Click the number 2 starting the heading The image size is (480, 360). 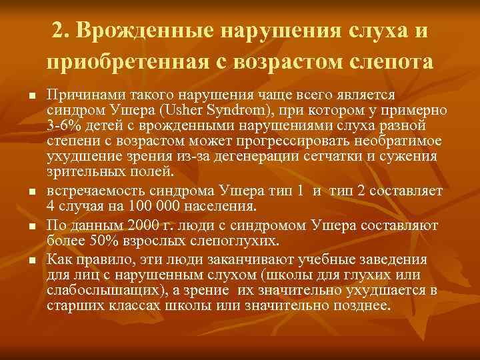point(57,31)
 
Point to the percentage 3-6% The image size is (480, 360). point(66,126)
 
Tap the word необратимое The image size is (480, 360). point(387,142)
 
